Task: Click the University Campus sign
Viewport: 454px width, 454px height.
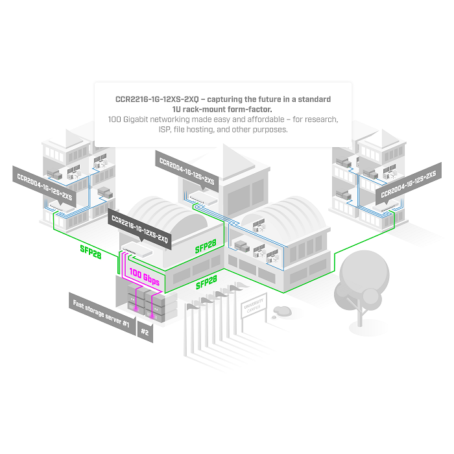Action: pos(254,305)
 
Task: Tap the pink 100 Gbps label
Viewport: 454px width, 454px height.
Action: pos(144,277)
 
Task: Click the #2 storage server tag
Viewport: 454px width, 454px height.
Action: pos(145,332)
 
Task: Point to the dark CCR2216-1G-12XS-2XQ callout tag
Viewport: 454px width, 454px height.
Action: pos(139,229)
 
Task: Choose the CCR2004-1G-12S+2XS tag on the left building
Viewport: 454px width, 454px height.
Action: pos(44,187)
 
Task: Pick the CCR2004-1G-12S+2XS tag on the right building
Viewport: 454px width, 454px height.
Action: pos(409,184)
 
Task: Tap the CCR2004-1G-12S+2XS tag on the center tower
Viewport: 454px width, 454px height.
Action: pos(187,171)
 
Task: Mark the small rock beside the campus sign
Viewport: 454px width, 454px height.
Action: pos(282,311)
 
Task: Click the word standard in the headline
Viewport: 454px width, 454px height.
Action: pos(314,99)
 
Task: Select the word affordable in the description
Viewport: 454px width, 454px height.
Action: pos(266,119)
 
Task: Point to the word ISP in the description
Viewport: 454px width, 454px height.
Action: pos(165,130)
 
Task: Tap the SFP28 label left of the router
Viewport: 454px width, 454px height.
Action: pos(91,252)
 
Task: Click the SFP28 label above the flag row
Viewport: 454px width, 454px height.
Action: pos(206,282)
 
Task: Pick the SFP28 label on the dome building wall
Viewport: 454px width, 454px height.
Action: pos(206,246)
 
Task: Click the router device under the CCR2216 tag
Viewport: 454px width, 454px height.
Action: pos(137,250)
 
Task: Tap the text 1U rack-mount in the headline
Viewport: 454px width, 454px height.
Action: pos(203,110)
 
